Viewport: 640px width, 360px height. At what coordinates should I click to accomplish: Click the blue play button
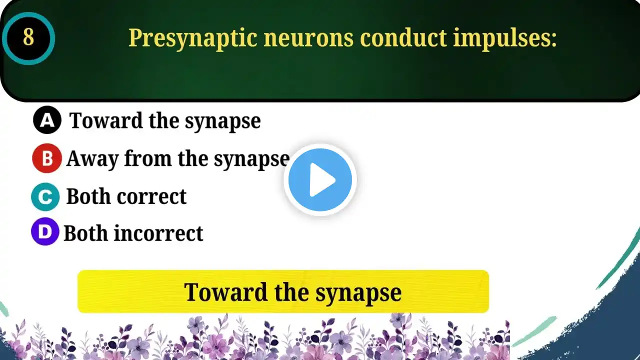click(x=320, y=179)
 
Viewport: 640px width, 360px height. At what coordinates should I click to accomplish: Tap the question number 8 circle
click(x=28, y=38)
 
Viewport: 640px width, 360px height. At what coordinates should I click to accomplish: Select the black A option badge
click(x=47, y=120)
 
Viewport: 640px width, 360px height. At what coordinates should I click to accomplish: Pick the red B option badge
click(x=47, y=158)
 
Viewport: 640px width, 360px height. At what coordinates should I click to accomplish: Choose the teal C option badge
click(x=45, y=197)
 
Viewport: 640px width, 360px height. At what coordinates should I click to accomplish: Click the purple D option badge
click(x=45, y=231)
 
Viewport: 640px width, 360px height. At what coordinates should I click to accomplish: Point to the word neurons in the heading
click(x=308, y=38)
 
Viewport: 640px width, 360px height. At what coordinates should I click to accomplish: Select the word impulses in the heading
click(x=505, y=38)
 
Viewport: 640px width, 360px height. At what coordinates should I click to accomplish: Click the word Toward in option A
click(x=106, y=120)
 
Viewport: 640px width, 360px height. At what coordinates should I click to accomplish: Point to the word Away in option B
click(x=92, y=159)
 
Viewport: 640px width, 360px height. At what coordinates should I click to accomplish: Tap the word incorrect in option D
click(x=158, y=233)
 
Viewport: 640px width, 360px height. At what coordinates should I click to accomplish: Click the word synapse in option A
click(x=222, y=121)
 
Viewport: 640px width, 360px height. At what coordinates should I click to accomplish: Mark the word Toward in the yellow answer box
click(x=225, y=291)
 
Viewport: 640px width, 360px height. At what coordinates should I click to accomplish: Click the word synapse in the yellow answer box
click(x=358, y=293)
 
